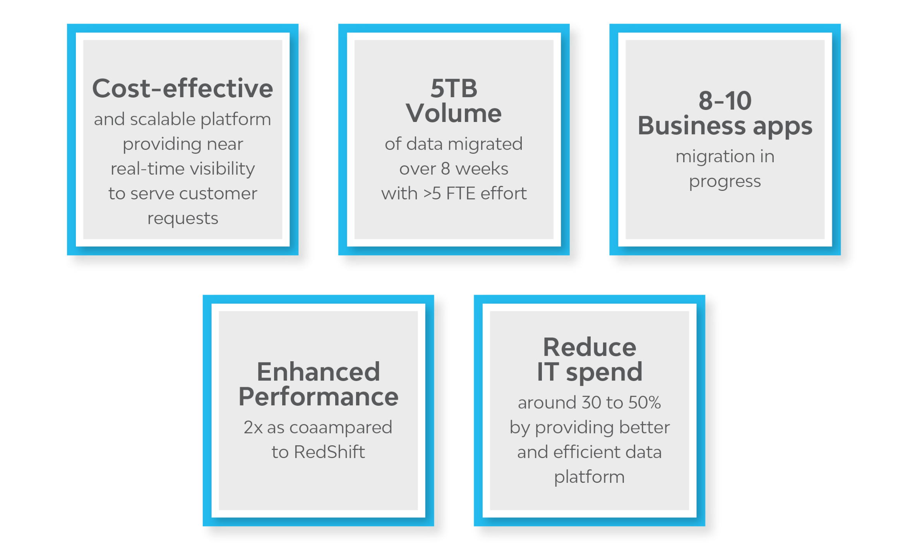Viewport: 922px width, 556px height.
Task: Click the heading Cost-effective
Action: coord(182,88)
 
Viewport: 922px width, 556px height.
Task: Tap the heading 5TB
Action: coord(454,88)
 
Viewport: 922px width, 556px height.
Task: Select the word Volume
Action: coord(454,113)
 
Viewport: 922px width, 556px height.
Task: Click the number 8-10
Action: coord(725,101)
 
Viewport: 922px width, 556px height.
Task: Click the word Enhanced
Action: coord(318,372)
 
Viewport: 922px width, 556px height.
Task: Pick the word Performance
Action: coord(318,396)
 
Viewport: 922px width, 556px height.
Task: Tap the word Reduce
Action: coord(589,347)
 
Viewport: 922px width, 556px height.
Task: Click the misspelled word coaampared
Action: coord(341,428)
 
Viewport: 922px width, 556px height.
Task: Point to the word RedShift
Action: coord(329,452)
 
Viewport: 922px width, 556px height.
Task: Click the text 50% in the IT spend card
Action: coord(644,403)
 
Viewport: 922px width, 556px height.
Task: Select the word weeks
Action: coord(482,168)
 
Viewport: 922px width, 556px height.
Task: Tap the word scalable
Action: coord(163,119)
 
